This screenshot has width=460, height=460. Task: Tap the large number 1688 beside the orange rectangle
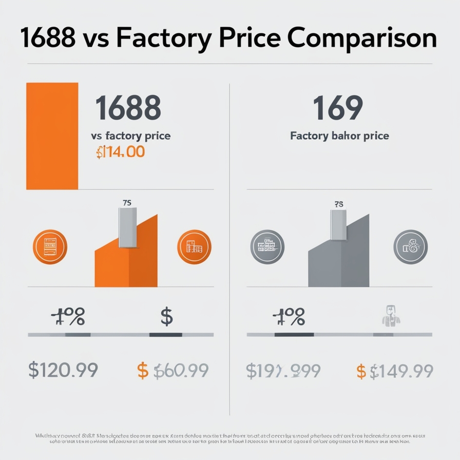coord(128,108)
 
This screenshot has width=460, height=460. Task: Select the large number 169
coord(338,108)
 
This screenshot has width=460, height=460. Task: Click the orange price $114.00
coord(120,152)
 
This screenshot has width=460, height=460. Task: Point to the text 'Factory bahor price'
coord(339,136)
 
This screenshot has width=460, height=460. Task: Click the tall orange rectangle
coord(52,136)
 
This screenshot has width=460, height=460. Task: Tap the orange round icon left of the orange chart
coord(49,246)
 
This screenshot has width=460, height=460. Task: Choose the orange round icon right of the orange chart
coord(194,246)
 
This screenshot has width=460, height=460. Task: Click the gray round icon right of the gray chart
coord(410,246)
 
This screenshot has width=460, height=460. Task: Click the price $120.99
coord(63,370)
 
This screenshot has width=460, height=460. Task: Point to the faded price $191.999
coord(283,370)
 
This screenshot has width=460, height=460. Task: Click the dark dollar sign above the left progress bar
coord(166,316)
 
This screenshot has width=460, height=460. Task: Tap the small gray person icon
coord(391,316)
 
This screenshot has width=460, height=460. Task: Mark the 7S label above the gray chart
coord(338,204)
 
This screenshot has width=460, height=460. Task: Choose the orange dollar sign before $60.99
coord(143,370)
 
